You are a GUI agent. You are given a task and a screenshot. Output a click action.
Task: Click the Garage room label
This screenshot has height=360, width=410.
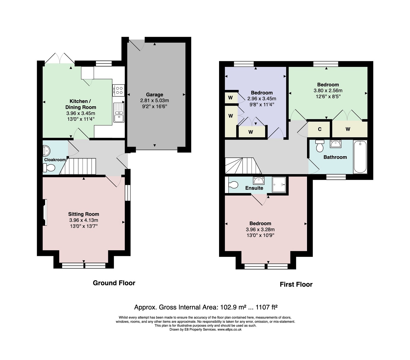click(x=154, y=95)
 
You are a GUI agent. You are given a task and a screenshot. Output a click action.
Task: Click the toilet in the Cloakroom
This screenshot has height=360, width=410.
click(x=49, y=168)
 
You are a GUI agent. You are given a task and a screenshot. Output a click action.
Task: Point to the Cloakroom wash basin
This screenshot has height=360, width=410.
click(x=46, y=150)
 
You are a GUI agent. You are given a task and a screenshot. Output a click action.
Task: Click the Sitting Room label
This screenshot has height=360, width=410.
click(x=83, y=214)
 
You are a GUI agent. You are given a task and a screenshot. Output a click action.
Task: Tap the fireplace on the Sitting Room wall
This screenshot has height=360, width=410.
click(x=44, y=212)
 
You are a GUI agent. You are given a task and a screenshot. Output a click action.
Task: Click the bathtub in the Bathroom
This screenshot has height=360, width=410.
click(x=360, y=157)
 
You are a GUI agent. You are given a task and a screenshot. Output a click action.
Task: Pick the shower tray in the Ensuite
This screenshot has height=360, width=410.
click(x=279, y=185)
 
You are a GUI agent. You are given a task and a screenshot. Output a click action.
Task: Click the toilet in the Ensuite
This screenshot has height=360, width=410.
click(x=233, y=185)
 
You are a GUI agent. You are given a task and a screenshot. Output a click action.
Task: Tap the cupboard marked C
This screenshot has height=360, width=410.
click(x=319, y=129)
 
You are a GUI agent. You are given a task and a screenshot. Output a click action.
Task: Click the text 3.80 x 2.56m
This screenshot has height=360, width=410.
click(x=328, y=91)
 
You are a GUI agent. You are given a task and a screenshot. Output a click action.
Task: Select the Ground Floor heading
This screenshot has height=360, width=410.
click(x=114, y=283)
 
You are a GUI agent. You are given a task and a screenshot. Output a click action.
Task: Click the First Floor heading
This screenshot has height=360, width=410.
click(x=296, y=284)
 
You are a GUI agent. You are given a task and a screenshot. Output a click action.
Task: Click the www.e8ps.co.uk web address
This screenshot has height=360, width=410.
click(x=229, y=329)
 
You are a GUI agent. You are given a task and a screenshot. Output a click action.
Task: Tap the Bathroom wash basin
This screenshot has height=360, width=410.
click(x=335, y=144)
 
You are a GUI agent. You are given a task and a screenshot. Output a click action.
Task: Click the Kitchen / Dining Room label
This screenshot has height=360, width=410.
click(x=81, y=104)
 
